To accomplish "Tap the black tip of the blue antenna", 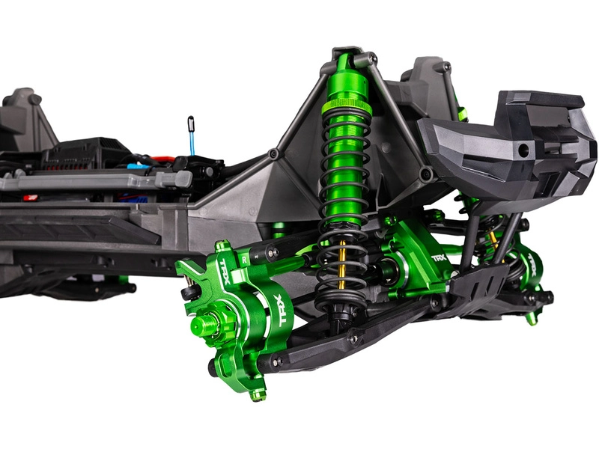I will pos(190,120).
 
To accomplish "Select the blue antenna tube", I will pos(192,141).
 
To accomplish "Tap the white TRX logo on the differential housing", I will pos(440,257).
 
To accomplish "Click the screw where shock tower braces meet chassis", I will pos(274,153).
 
